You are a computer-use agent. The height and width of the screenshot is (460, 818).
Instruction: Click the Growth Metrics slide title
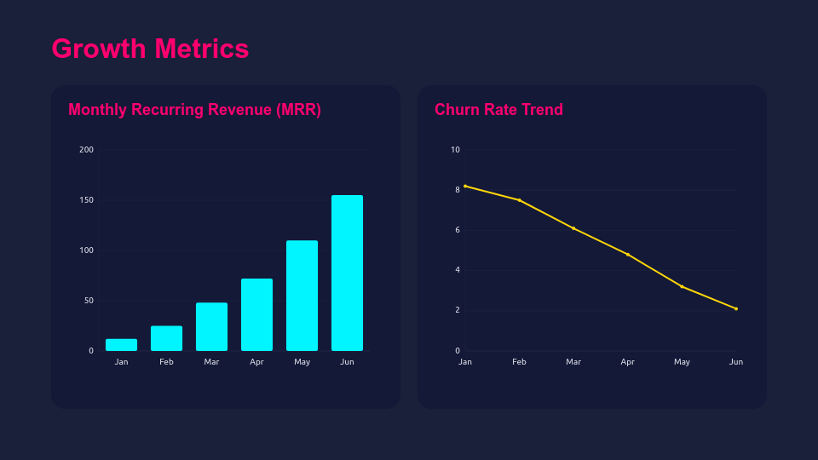tap(150, 49)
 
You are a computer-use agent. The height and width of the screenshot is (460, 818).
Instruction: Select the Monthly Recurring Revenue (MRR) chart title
tap(194, 110)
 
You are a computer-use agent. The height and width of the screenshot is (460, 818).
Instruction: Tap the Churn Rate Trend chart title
tap(498, 110)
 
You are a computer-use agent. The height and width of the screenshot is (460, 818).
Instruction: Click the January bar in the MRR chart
tap(121, 345)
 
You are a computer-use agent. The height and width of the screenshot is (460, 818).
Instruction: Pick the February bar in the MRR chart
tap(166, 338)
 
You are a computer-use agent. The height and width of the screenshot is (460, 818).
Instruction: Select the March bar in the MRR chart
tap(211, 327)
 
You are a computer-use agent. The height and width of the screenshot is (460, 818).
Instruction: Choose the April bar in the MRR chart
tap(256, 315)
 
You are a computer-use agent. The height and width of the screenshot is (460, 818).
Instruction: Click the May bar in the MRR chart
tap(302, 296)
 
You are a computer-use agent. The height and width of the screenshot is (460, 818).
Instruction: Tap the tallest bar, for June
tap(347, 273)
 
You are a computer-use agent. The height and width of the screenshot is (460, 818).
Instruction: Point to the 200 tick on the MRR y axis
tap(86, 150)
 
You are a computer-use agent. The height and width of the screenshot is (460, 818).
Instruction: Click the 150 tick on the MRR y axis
tap(86, 200)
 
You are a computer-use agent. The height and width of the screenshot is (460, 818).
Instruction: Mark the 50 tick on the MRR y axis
tap(89, 301)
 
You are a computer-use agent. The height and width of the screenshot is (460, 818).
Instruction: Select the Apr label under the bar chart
tap(256, 362)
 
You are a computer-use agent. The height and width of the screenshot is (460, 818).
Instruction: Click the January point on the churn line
tap(465, 186)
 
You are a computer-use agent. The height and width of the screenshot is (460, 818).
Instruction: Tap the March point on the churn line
tap(573, 228)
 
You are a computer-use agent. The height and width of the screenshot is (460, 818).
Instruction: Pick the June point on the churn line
tap(736, 308)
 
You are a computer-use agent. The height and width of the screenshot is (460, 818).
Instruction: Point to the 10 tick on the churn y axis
tap(455, 150)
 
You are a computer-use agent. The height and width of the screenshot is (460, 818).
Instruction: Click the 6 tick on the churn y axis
tap(457, 230)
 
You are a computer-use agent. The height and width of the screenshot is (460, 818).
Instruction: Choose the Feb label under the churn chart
tap(519, 362)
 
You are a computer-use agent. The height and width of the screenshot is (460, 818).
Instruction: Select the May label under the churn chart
tap(682, 362)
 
